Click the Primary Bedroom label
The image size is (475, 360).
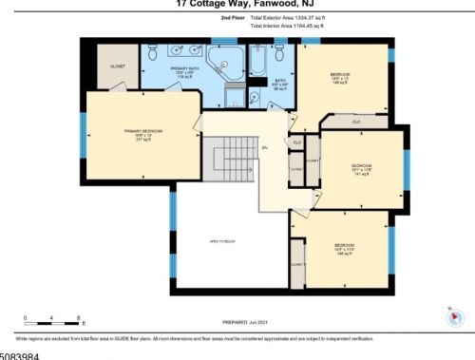point(142,134)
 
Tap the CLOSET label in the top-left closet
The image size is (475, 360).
point(118,66)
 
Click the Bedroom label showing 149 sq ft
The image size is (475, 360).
point(340,78)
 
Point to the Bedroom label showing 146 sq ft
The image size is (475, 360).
point(345,249)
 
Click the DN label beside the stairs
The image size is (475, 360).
point(265,148)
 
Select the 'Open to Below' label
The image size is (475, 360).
point(221,242)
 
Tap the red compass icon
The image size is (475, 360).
point(452,319)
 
